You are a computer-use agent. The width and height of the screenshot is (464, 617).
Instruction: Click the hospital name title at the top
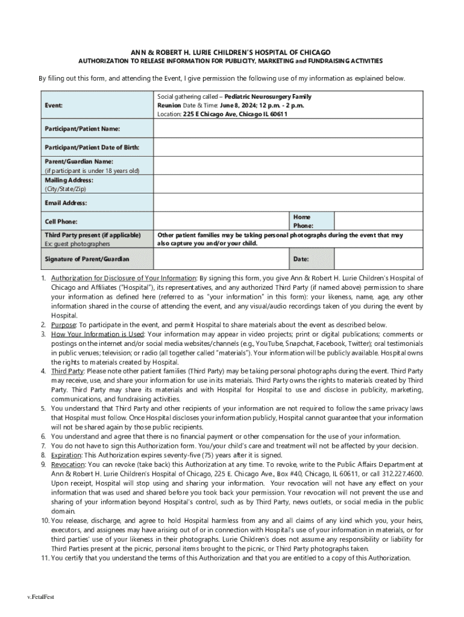pyautogui.click(x=231, y=52)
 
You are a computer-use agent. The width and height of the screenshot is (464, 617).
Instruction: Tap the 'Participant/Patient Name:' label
pyautogui.click(x=82, y=129)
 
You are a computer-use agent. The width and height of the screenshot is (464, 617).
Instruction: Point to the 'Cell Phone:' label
pyautogui.click(x=61, y=221)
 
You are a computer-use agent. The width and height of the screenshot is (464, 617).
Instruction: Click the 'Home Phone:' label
pyautogui.click(x=302, y=221)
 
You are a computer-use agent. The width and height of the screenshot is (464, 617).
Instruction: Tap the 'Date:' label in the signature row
pyautogui.click(x=301, y=259)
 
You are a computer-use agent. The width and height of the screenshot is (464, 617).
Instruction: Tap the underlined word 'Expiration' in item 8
pyautogui.click(x=66, y=455)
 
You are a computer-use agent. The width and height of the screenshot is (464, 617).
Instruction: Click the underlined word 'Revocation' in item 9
pyautogui.click(x=67, y=465)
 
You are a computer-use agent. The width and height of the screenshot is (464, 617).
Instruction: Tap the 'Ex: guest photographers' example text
pyautogui.click(x=77, y=244)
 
